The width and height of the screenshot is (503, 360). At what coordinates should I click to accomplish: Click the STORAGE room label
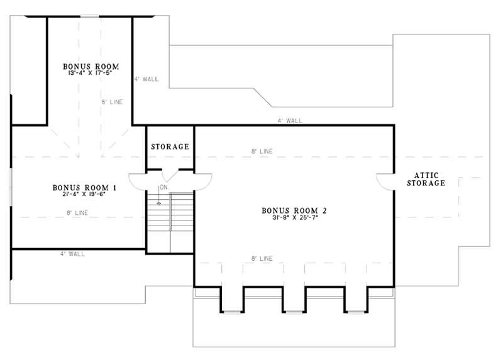(170, 147)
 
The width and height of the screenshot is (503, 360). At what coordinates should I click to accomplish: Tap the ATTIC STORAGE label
(426, 179)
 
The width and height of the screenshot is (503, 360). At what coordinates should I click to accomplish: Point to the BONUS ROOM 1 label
(85, 187)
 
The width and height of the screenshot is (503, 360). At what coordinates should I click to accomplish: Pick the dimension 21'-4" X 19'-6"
(85, 194)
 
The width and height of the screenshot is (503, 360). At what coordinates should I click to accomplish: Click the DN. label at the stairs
(163, 188)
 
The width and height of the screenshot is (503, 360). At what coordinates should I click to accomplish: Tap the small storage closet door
(170, 175)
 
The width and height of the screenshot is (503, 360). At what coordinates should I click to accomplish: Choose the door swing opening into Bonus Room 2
(203, 181)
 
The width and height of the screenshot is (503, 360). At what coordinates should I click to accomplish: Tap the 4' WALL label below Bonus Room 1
(72, 254)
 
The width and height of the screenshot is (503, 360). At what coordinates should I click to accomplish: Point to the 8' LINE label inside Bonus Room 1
(77, 213)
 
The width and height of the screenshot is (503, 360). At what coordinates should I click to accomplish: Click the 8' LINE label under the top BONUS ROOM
(112, 101)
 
